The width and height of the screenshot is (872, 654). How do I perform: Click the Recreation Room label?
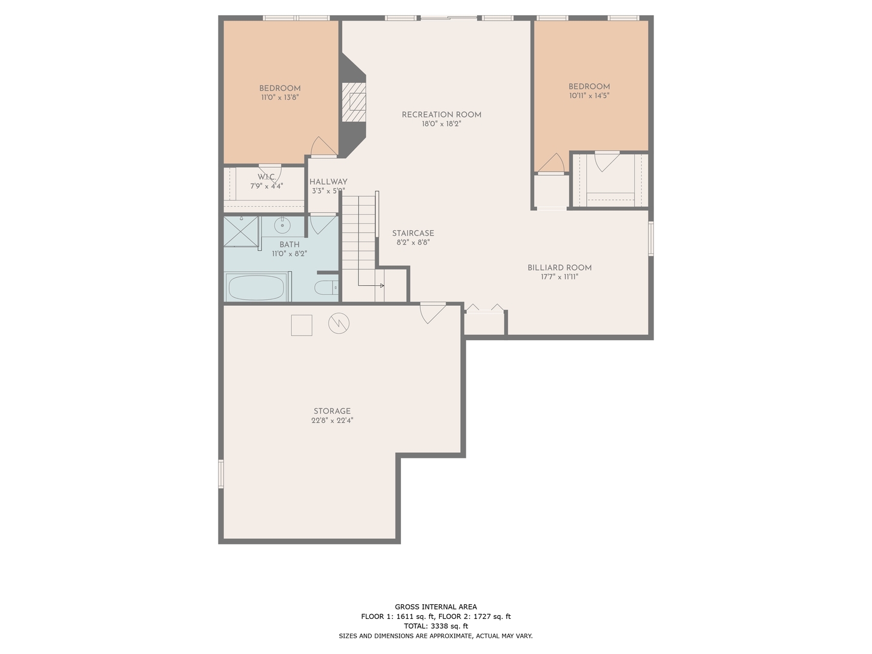tap(441, 114)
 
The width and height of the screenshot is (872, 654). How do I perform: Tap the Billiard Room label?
tap(559, 268)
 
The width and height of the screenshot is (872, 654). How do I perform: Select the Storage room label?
tap(332, 411)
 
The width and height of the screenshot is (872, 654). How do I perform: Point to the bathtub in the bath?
tap(256, 288)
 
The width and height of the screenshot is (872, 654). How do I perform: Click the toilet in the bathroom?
tap(326, 287)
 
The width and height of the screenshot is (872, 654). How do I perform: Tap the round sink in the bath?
tap(282, 225)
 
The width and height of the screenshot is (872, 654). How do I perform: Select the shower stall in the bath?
tap(240, 231)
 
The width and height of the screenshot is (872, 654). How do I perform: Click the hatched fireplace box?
tap(354, 101)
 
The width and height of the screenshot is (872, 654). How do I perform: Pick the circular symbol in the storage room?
tap(339, 323)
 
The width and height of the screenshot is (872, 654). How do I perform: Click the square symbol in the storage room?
tap(302, 325)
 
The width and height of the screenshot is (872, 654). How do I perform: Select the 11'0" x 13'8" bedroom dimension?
tap(280, 97)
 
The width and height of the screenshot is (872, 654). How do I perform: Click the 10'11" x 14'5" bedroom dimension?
tap(589, 96)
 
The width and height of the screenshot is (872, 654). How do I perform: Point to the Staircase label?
tap(413, 233)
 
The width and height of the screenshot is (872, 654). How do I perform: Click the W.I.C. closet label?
tap(266, 177)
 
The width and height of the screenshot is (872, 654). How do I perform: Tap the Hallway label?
tap(328, 182)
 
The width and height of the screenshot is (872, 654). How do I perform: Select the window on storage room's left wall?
tap(221, 474)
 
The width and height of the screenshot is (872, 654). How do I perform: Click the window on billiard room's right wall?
tap(651, 239)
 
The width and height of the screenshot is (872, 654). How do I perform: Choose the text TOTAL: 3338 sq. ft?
tap(435, 626)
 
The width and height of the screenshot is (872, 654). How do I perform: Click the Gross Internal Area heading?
tap(435, 607)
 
